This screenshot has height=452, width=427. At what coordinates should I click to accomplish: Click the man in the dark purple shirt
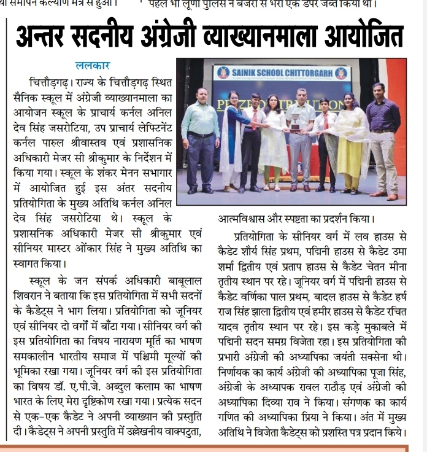tap(382, 135)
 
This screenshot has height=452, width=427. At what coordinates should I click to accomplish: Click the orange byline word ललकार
tap(93, 65)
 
